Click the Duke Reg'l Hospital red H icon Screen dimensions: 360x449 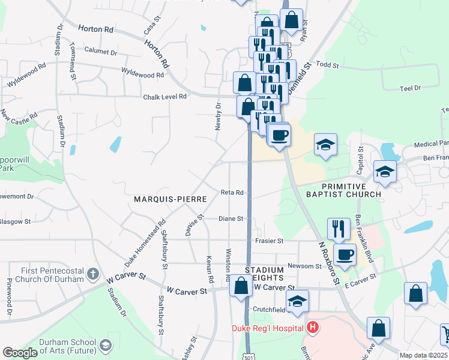[312, 328]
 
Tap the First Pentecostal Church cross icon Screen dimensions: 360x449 [92, 274]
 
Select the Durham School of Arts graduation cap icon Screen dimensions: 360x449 [106, 345]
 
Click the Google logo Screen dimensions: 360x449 [20, 353]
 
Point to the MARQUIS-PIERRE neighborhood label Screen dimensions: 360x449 [170, 199]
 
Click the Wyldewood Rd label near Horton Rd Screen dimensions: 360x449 [142, 75]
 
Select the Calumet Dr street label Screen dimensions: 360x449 [100, 52]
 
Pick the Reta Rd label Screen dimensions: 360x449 [232, 193]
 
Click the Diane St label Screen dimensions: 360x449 [231, 219]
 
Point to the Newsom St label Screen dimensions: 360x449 [305, 266]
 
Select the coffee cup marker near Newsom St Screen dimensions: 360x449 [345, 254]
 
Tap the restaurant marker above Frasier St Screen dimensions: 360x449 [339, 228]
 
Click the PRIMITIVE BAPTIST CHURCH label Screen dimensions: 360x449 [343, 190]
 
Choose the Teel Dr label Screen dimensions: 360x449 [410, 88]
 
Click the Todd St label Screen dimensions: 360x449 [328, 65]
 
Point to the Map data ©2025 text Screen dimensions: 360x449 [423, 355]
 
